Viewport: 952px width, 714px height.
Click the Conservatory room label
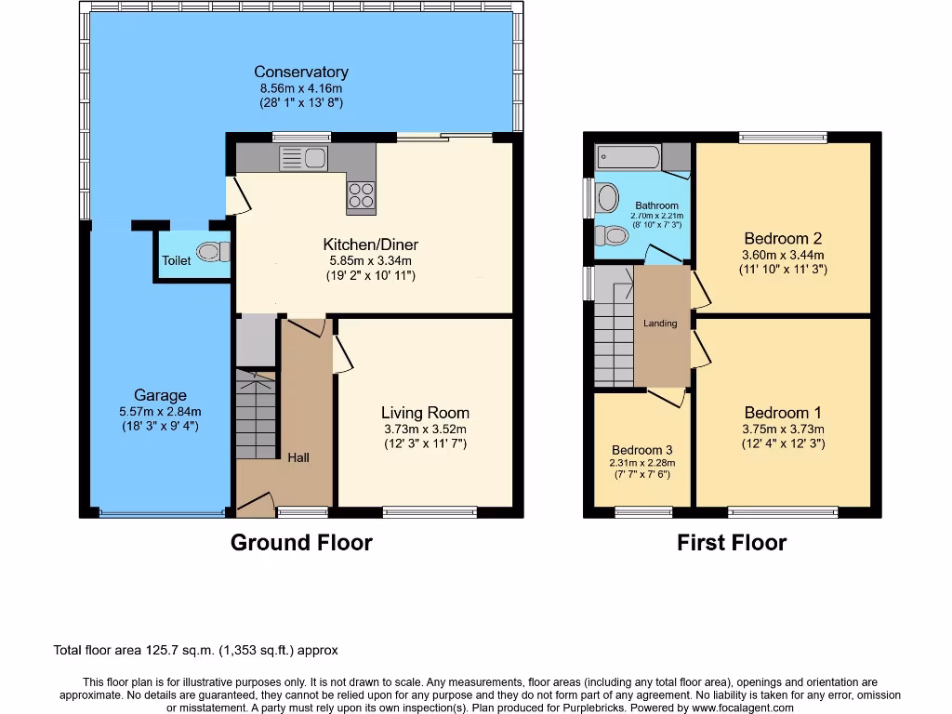pyautogui.click(x=301, y=72)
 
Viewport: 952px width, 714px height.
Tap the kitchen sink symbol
pyautogui.click(x=303, y=159)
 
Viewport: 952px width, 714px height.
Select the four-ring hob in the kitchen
pyautogui.click(x=361, y=196)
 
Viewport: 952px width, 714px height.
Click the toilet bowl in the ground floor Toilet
pyautogui.click(x=212, y=251)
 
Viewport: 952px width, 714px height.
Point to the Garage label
pyautogui.click(x=160, y=395)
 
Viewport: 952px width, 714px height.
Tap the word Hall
pyautogui.click(x=298, y=457)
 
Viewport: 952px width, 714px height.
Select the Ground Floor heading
pyautogui.click(x=301, y=543)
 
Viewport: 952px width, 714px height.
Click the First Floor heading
pyautogui.click(x=732, y=543)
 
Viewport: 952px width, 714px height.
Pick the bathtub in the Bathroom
pyautogui.click(x=628, y=156)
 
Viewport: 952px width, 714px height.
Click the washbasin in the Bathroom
pyautogui.click(x=607, y=197)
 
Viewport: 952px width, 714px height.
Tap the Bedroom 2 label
pyautogui.click(x=783, y=238)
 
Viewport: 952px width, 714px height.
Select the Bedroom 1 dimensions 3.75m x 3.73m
pyautogui.click(x=783, y=429)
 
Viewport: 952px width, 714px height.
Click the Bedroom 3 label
pyautogui.click(x=641, y=450)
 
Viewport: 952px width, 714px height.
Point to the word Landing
pyautogui.click(x=660, y=324)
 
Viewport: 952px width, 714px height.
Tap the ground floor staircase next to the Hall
pyautogui.click(x=256, y=414)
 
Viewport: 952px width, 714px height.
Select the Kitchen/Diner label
pyautogui.click(x=368, y=245)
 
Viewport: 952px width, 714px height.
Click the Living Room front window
pyautogui.click(x=430, y=510)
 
